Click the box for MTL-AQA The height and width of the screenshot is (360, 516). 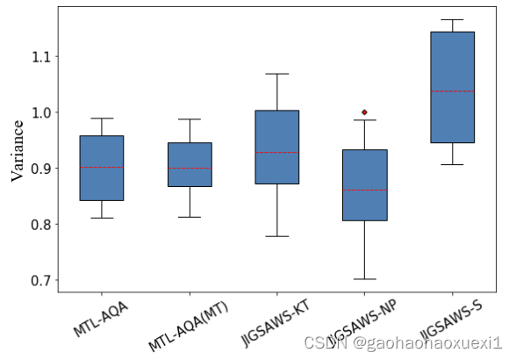(101, 168)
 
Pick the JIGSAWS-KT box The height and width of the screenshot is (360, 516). (276, 147)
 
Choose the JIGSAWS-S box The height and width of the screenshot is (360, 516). (452, 87)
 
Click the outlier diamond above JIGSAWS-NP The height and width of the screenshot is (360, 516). (364, 112)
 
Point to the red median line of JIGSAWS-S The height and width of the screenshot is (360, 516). (452, 91)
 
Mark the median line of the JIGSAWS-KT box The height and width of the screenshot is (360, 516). (276, 153)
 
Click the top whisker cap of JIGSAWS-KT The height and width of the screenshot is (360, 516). (276, 74)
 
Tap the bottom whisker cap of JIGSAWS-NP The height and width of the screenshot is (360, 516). (364, 279)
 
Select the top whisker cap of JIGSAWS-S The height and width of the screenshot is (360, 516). (452, 19)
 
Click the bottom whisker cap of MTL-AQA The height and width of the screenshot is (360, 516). (101, 218)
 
